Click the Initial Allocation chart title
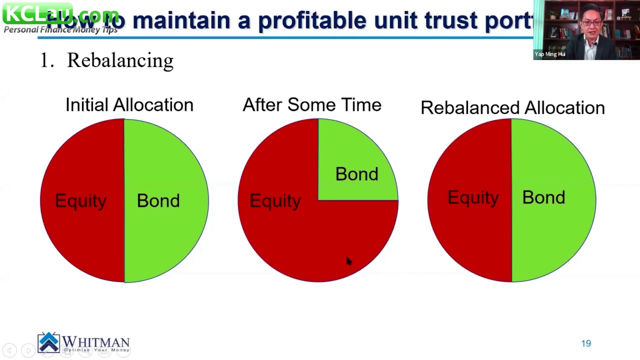tap(129, 105)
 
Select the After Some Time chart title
tap(311, 105)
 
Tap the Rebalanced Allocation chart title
tap(512, 108)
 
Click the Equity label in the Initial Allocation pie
tap(80, 200)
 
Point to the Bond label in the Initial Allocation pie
tap(158, 200)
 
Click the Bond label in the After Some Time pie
tap(356, 174)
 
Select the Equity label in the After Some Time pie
tap(275, 200)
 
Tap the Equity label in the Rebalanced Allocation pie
tap(473, 197)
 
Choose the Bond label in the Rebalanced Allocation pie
tap(543, 197)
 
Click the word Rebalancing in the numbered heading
tap(120, 60)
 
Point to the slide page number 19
tap(586, 343)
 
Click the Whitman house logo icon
tap(48, 342)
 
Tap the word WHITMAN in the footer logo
tap(95, 342)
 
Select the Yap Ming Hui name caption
tap(549, 54)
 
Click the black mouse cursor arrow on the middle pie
tap(348, 261)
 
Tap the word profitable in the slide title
tap(312, 20)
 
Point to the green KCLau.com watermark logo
tap(37, 13)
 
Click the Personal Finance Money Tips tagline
tap(60, 29)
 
